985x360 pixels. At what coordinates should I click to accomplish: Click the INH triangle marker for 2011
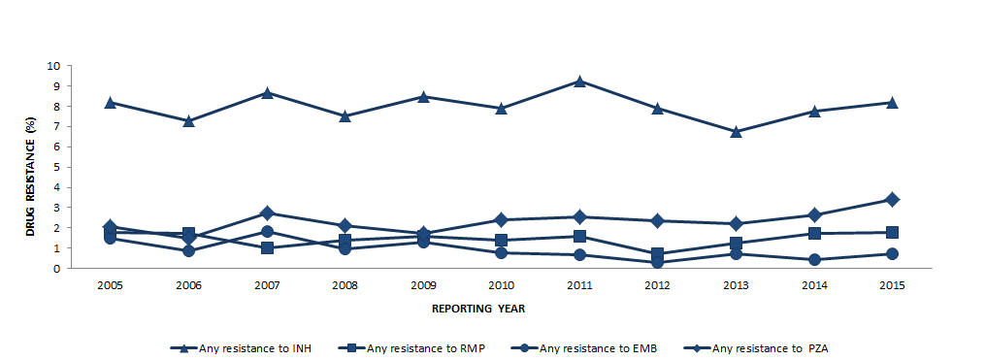coord(579,82)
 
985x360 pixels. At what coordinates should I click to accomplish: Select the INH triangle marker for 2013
coord(736,132)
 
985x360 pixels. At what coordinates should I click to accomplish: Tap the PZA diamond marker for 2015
coord(891,200)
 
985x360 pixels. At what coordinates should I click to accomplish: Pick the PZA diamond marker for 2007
coord(267,213)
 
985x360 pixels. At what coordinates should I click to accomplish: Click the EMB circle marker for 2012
coord(658,262)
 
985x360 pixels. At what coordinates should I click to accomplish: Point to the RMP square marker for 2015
coord(891,233)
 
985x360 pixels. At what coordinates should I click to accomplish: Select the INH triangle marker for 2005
coord(111,102)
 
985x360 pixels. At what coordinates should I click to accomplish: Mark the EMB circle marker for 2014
coord(813,259)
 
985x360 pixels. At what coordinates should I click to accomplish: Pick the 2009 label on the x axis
coord(423,286)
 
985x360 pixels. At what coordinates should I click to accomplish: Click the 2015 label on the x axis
coord(891,286)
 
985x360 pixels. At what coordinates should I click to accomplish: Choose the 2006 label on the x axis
coord(188,286)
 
